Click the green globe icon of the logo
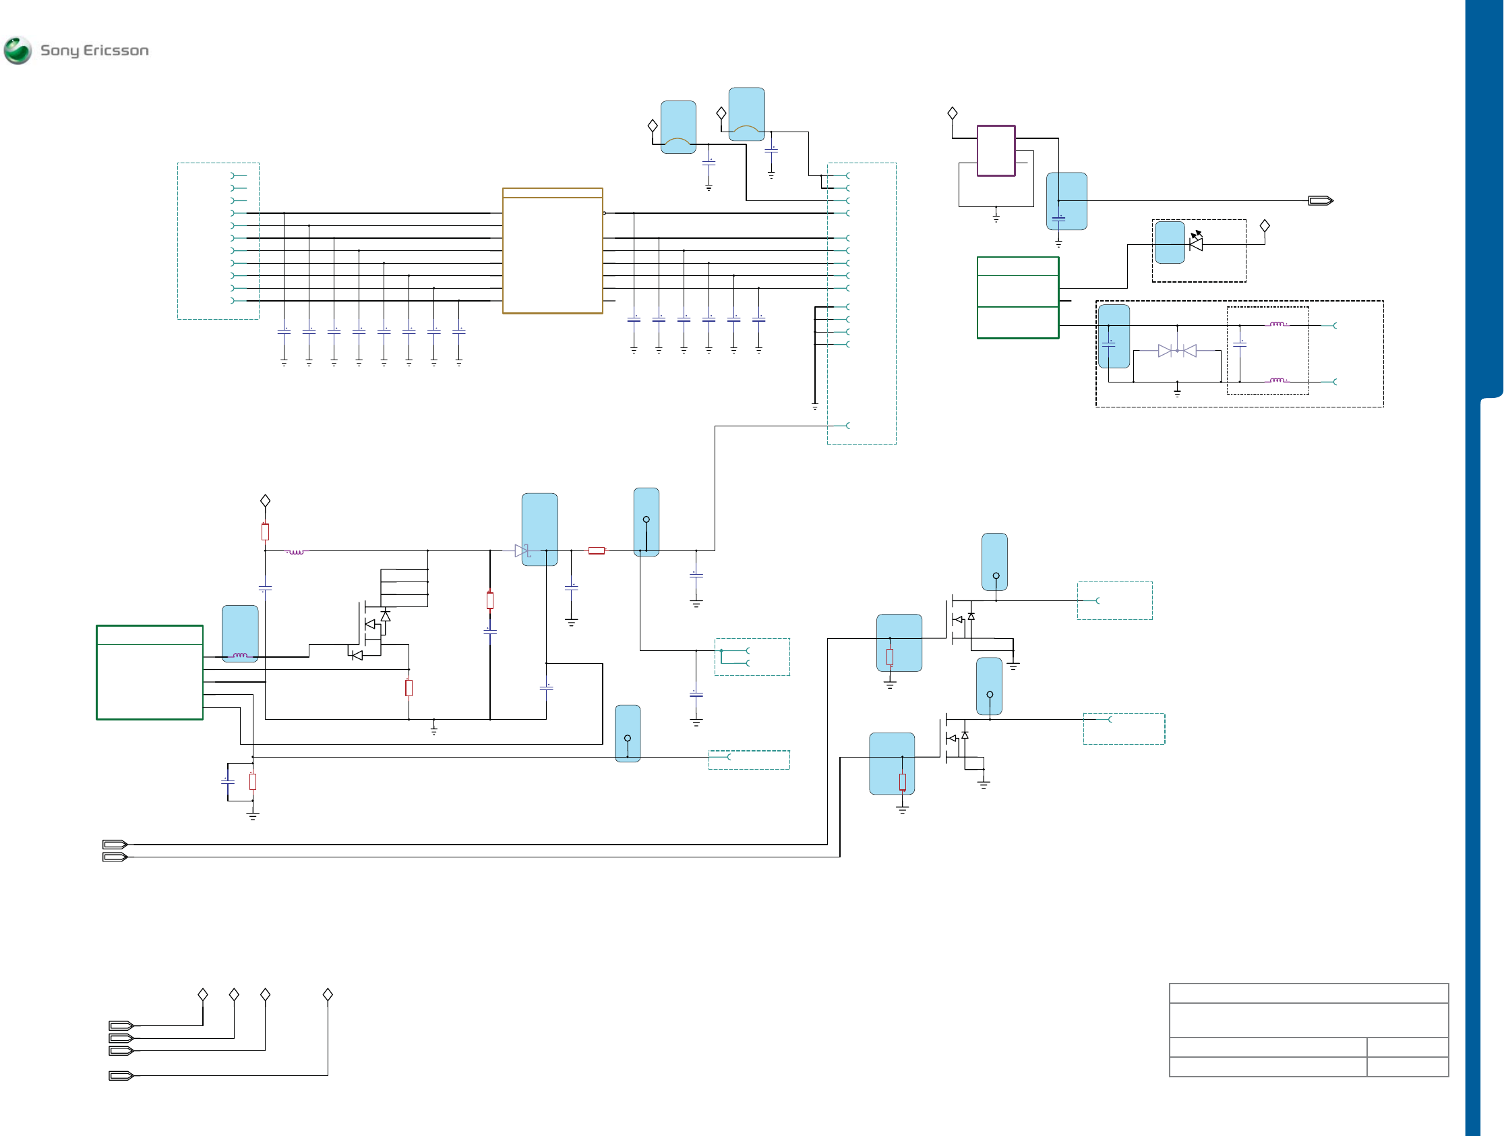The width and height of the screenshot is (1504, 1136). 18,51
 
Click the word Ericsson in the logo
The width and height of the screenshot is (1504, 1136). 115,51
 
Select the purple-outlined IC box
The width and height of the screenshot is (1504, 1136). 996,150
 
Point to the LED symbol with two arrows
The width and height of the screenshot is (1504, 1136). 1196,242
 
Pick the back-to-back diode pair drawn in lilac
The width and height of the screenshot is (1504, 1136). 1177,351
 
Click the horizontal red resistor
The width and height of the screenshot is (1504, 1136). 597,550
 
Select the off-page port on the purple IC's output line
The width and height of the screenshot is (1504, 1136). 1321,200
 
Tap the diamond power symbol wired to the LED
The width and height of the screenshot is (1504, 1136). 1265,225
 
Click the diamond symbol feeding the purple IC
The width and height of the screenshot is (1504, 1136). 953,113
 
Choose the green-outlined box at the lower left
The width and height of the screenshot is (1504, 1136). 150,672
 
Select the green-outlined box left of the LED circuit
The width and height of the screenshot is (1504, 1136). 1018,297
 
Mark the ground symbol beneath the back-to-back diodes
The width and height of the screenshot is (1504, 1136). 1177,392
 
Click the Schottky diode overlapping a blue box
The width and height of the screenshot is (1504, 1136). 522,551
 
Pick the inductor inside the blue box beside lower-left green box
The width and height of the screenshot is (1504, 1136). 240,655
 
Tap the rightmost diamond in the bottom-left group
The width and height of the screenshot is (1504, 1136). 328,994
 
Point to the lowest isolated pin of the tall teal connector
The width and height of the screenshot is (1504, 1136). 847,426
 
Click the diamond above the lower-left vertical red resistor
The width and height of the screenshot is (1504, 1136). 265,501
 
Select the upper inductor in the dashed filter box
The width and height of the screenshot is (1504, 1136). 1277,324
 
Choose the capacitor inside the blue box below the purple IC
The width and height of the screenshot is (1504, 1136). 1058,219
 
